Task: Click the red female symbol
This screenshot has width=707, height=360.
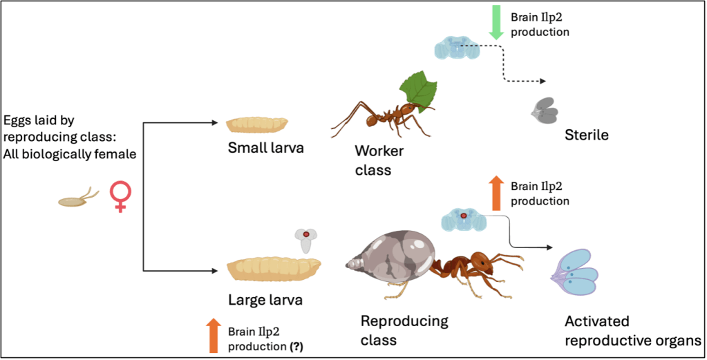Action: [x=120, y=196]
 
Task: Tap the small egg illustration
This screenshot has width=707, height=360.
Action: [x=73, y=201]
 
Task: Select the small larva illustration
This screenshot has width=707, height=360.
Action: [x=257, y=124]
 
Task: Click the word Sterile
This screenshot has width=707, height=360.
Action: [x=587, y=135]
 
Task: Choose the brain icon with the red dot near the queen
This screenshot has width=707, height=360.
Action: [x=463, y=220]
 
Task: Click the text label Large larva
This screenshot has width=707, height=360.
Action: [x=265, y=301]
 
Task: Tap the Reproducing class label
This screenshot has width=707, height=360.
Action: [x=404, y=330]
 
